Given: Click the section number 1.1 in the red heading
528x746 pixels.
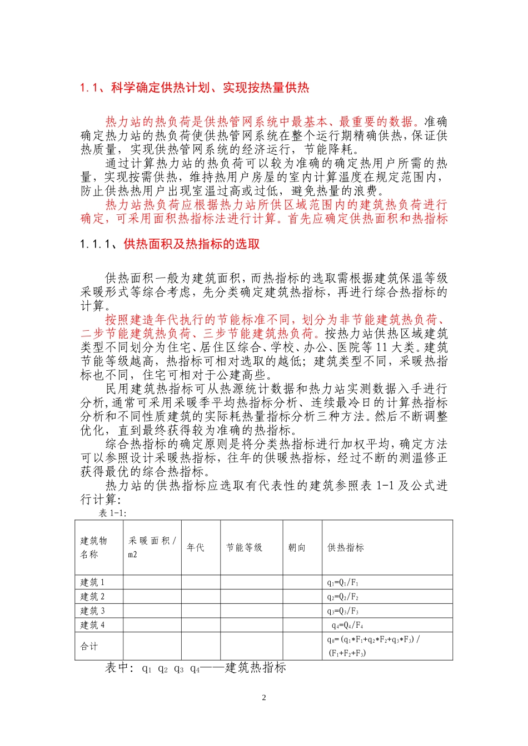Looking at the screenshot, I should pyautogui.click(x=89, y=88).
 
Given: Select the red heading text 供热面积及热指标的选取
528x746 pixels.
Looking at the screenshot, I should pyautogui.click(x=192, y=244).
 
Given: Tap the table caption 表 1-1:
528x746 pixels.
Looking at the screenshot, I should pyautogui.click(x=113, y=513).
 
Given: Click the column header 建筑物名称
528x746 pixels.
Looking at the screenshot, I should pyautogui.click(x=93, y=547).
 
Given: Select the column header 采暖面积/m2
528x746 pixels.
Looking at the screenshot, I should pyautogui.click(x=152, y=547).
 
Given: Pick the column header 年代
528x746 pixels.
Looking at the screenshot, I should pyautogui.click(x=196, y=547).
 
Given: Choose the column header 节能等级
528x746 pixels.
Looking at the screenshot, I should pyautogui.click(x=244, y=547).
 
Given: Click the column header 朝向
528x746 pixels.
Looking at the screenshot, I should pyautogui.click(x=297, y=547).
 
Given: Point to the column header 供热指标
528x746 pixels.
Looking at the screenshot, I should pyautogui.click(x=346, y=547).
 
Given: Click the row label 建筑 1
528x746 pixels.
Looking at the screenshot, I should pyautogui.click(x=92, y=582).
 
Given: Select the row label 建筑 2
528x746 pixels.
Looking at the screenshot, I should pyautogui.click(x=92, y=597).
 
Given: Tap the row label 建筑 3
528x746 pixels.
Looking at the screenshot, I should pyautogui.click(x=92, y=611).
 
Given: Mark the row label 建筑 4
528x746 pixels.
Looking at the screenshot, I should pyautogui.click(x=92, y=625).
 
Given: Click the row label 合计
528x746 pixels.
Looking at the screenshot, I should pyautogui.click(x=89, y=646).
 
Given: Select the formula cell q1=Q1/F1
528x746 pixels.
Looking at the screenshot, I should pyautogui.click(x=343, y=582).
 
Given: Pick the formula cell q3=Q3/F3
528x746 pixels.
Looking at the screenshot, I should pyautogui.click(x=343, y=611).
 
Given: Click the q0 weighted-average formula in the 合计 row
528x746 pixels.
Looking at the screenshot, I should pyautogui.click(x=373, y=646).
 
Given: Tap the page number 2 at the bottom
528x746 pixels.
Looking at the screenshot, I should pyautogui.click(x=264, y=698).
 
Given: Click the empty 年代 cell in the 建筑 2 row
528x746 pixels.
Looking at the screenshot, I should pyautogui.click(x=201, y=597).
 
